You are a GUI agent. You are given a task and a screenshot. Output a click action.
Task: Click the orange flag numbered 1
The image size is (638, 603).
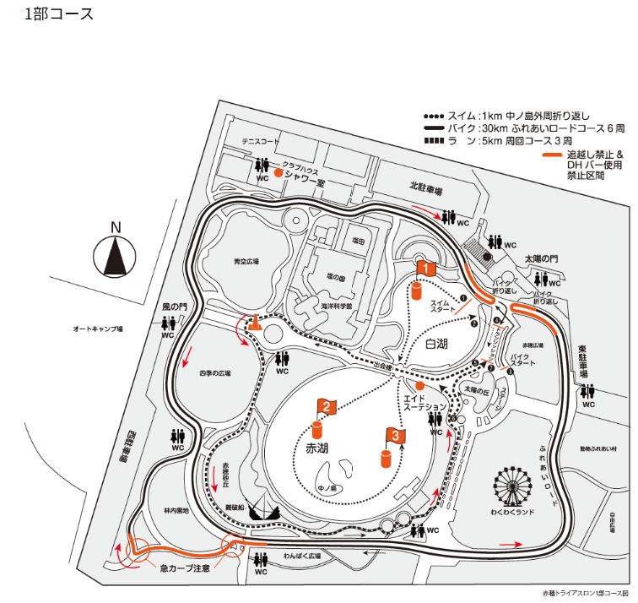click(x=425, y=269)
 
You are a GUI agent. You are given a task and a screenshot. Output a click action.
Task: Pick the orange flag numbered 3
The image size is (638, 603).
click(x=395, y=435)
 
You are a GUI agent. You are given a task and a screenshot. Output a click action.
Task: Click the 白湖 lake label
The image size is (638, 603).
click(x=436, y=344)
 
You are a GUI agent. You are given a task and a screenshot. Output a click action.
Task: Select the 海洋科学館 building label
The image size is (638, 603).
click(x=335, y=305)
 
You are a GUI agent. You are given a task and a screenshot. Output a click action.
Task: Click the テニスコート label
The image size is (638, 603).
click(x=259, y=142)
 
